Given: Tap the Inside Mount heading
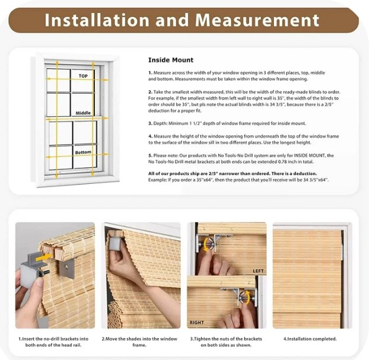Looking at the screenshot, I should pos(170,60).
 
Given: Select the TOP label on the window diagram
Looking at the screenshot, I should pos(82,77).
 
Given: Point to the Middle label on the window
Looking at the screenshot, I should pos(83,112).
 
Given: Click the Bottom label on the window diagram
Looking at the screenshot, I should pos(83,152).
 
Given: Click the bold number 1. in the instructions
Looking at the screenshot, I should pos(150,72).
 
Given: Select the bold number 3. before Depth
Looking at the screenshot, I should pos(150,123).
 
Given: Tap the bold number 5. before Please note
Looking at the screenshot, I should pos(150,155).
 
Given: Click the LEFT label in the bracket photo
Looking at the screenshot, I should pos(258,271).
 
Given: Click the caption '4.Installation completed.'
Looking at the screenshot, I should pos(310,338).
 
